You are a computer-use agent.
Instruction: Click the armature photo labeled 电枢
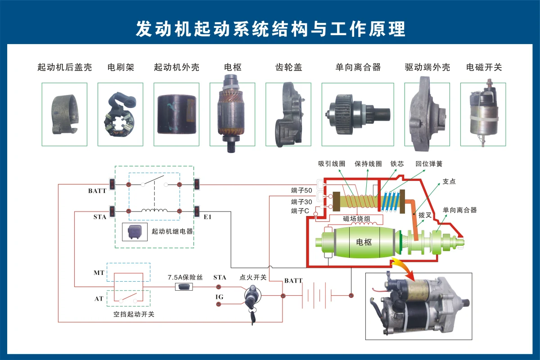[233, 113]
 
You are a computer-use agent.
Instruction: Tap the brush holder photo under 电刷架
[120, 114]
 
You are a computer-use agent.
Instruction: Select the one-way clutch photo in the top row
[357, 114]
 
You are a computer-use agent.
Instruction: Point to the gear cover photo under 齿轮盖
[288, 114]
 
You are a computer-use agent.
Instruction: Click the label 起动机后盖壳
[64, 67]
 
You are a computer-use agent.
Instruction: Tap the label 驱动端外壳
[427, 67]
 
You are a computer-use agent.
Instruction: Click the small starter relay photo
[136, 232]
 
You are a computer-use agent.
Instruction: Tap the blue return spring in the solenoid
[391, 200]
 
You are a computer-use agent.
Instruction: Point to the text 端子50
[301, 191]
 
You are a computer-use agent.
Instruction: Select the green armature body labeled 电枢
[364, 242]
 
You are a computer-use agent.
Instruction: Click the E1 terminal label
[207, 217]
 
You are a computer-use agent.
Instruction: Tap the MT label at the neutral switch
[99, 273]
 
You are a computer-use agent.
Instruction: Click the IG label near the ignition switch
[219, 297]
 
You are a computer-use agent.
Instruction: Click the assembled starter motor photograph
[418, 306]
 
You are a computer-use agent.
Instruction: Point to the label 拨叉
[425, 215]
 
